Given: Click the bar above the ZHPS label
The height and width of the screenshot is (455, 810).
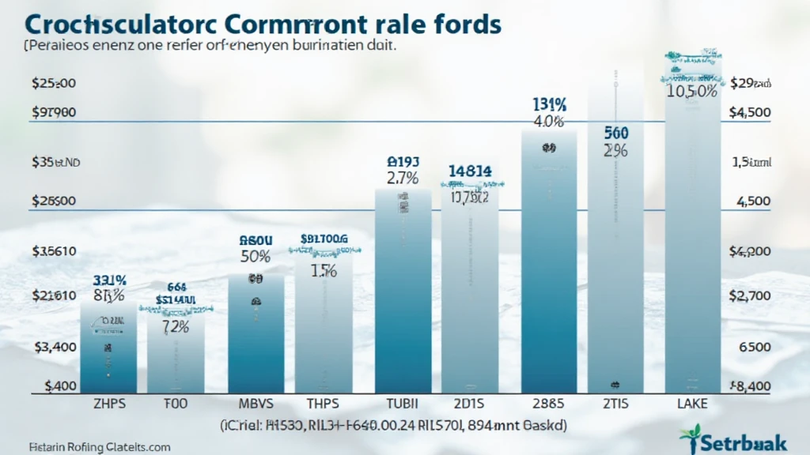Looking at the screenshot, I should (x=103, y=348).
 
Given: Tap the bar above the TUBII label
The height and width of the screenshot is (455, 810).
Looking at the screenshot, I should (x=403, y=292).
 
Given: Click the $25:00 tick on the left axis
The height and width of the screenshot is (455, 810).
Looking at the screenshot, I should (x=53, y=83).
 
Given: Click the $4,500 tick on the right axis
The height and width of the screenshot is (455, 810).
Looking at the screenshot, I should (x=751, y=112).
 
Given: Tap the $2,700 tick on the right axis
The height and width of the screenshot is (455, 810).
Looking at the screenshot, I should (x=751, y=295).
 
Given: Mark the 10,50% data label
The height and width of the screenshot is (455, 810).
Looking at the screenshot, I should (x=692, y=91).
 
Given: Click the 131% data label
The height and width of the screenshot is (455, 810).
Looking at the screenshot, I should (x=549, y=104).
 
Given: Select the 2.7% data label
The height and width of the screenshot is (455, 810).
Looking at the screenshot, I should (x=403, y=179).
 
